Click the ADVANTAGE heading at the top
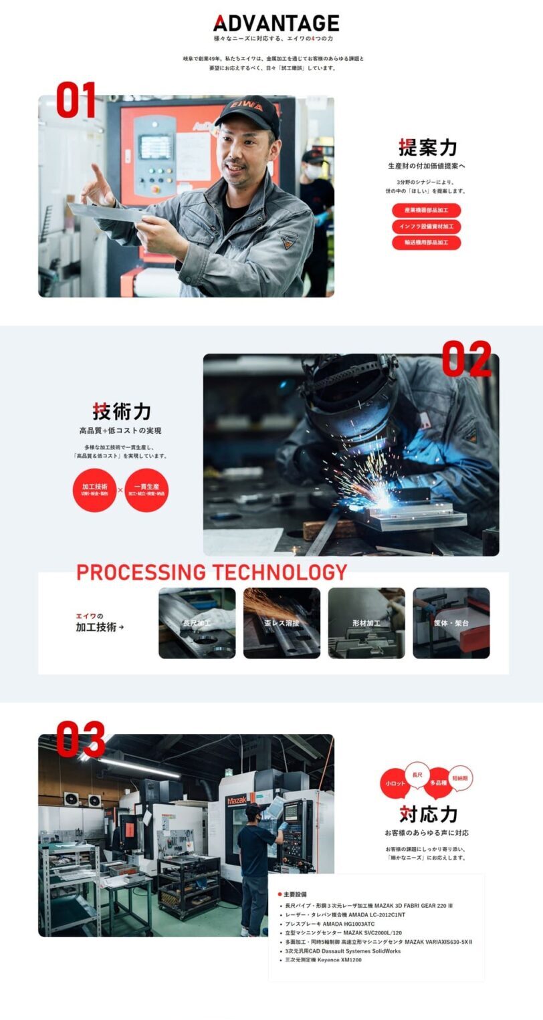[x=276, y=23]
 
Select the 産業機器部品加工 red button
[x=426, y=211]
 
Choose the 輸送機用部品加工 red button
[x=426, y=243]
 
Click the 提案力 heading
[x=427, y=147]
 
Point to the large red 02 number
[x=475, y=359]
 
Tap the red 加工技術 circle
[x=94, y=489]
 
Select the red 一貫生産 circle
[x=146, y=489]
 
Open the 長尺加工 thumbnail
[x=197, y=623]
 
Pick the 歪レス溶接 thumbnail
[x=282, y=623]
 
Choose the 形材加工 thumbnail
[x=366, y=623]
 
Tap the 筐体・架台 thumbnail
[x=451, y=623]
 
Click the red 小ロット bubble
[x=395, y=783]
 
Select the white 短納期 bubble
[x=460, y=778]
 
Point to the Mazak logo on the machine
[x=237, y=801]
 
